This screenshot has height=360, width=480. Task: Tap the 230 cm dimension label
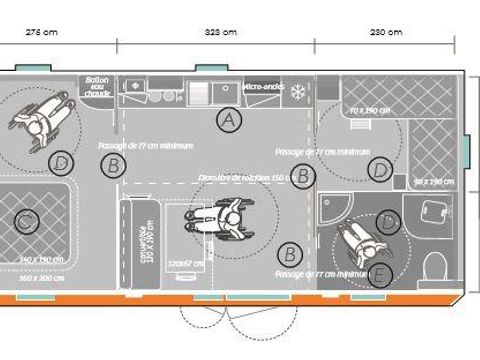pos(385,31)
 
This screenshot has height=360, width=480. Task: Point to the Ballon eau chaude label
pos(97,88)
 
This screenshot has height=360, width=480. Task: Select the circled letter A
pos(230,120)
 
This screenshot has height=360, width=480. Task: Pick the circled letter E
pos(379,275)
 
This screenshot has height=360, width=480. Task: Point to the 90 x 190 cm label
pos(433,181)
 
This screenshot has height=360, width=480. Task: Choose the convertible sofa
pos(139,244)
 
